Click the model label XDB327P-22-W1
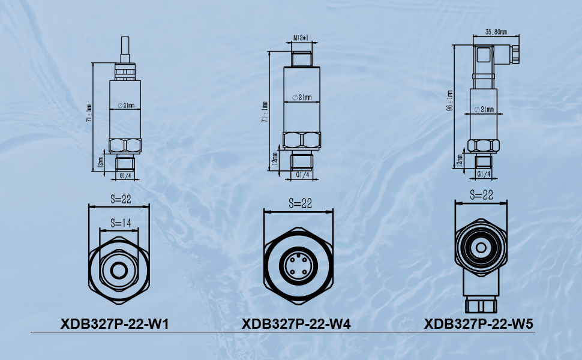pyautogui.click(x=115, y=324)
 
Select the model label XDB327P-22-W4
pyautogui.click(x=296, y=324)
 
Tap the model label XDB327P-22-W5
pyautogui.click(x=478, y=324)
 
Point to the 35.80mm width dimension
pyautogui.click(x=496, y=32)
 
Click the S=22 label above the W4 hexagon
pyautogui.click(x=298, y=203)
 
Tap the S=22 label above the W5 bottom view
pyautogui.click(x=481, y=195)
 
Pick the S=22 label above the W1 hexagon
pyautogui.click(x=118, y=199)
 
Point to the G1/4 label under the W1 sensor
pyautogui.click(x=126, y=175)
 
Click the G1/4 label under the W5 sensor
pyautogui.click(x=484, y=174)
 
